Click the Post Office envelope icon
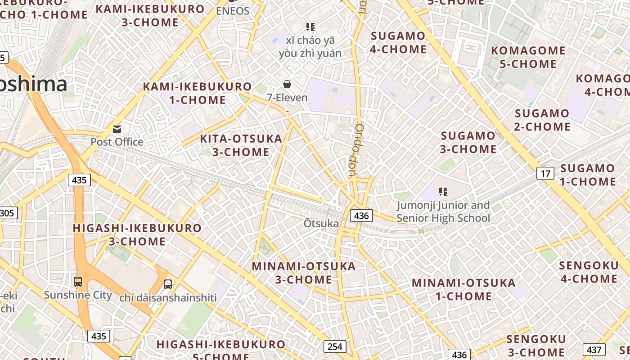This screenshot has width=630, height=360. (x=117, y=130)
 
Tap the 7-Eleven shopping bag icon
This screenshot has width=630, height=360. (x=287, y=84)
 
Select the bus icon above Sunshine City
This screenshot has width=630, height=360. (x=78, y=282)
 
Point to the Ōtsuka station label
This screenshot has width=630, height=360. (x=321, y=223)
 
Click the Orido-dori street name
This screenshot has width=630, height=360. (x=355, y=150)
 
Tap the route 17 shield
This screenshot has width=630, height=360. (x=545, y=173)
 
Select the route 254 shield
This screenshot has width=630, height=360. (x=335, y=346)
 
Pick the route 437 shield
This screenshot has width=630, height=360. (x=594, y=350)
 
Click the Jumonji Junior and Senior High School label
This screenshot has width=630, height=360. (x=443, y=212)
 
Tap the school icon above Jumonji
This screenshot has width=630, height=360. (x=443, y=192)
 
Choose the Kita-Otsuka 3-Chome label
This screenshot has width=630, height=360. (x=241, y=145)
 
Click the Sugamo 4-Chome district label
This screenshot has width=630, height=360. (x=398, y=42)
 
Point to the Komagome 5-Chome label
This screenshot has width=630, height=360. (x=528, y=57)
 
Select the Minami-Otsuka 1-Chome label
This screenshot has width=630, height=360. (x=463, y=289)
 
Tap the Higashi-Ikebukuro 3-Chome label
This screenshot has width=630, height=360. (x=137, y=234)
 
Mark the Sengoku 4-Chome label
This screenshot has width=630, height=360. (x=589, y=272)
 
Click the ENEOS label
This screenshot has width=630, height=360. (x=233, y=11)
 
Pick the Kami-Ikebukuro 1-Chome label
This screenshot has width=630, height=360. (x=197, y=93)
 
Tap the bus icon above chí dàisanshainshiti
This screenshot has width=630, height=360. (x=168, y=284)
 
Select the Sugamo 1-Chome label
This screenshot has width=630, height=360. (x=588, y=175)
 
